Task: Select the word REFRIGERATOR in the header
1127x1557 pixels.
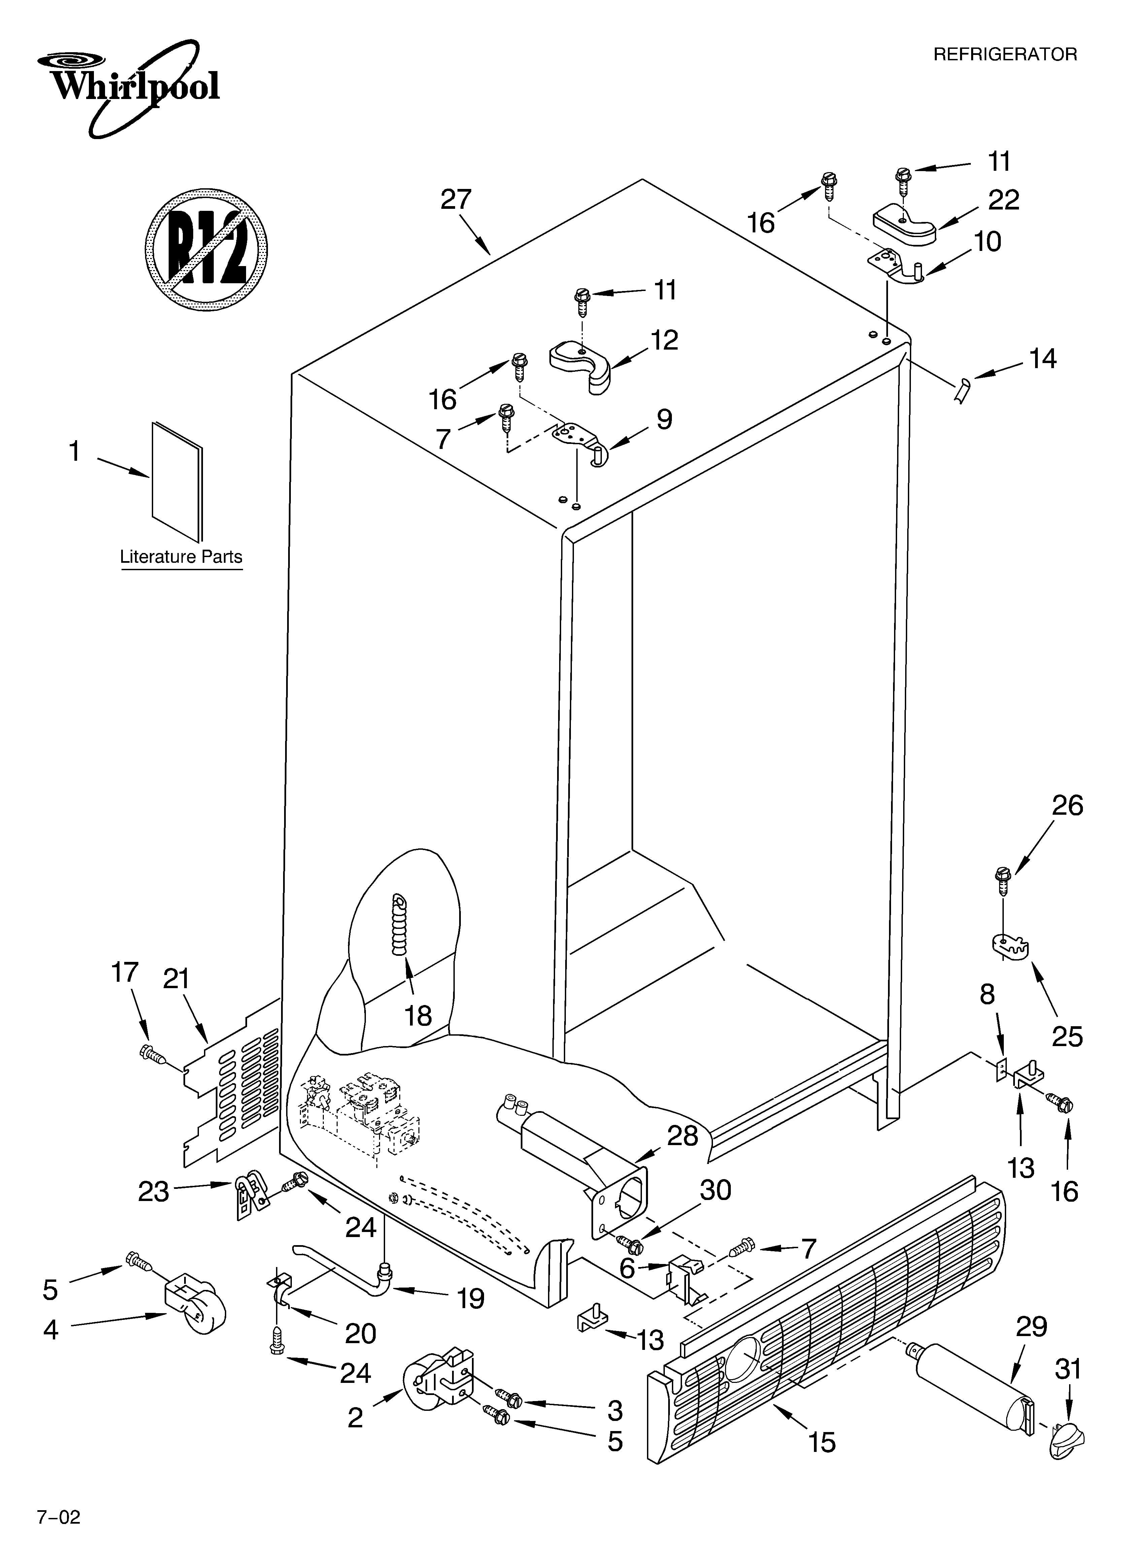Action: [x=1005, y=55]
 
